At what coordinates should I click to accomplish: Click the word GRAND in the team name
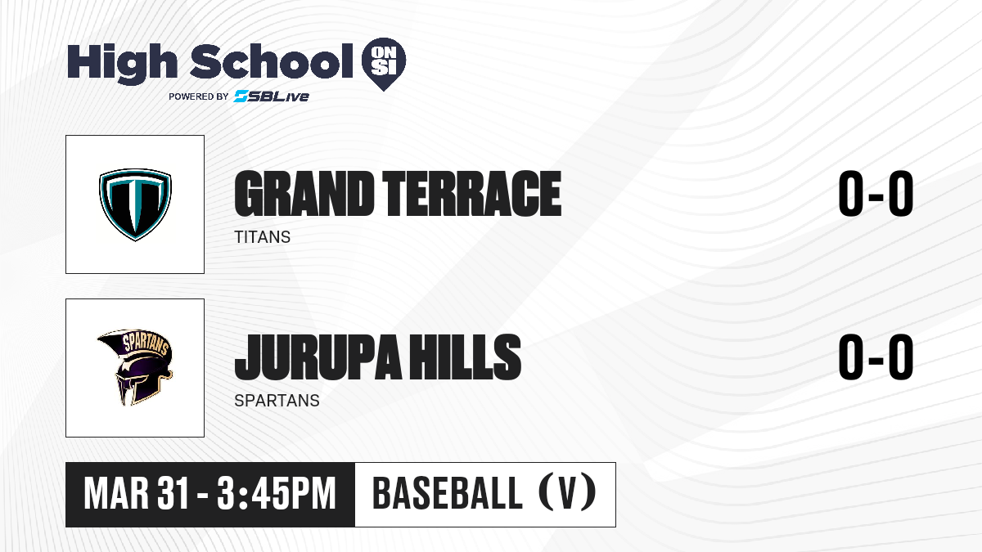[x=304, y=194]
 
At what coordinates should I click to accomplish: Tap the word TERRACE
[x=471, y=194]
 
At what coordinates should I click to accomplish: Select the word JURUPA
[x=318, y=357]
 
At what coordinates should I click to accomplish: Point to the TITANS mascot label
[x=262, y=237]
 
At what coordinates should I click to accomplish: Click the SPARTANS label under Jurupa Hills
[x=277, y=401]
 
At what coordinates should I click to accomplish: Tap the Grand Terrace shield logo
[x=135, y=204]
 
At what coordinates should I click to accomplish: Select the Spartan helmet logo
[x=135, y=367]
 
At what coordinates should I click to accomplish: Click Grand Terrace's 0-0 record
[x=876, y=194]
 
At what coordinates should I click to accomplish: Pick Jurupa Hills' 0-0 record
[x=876, y=357]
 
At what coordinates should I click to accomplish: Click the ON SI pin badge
[x=384, y=64]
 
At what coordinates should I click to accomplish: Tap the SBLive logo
[x=272, y=96]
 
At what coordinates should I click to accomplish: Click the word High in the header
[x=122, y=63]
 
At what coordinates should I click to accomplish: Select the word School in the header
[x=272, y=61]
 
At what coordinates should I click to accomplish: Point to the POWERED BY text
[x=199, y=96]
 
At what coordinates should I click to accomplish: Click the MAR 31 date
[x=137, y=494]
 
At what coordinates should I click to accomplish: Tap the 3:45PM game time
[x=277, y=494]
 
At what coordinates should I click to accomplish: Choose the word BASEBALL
[x=447, y=494]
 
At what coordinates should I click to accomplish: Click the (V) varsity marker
[x=567, y=494]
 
